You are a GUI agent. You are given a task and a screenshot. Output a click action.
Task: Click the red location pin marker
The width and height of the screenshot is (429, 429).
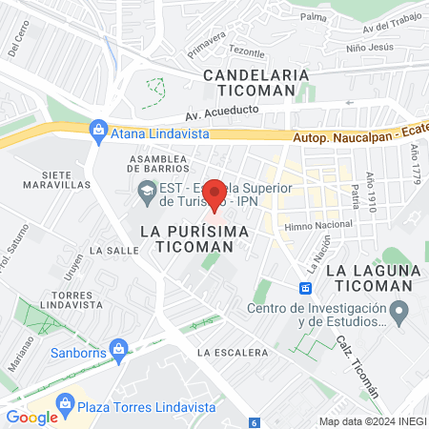coord(214,194)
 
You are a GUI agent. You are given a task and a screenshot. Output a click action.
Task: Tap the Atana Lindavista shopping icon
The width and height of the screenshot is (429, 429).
coord(97,130)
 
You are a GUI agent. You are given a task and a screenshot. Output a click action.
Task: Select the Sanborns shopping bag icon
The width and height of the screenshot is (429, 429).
coord(118,349)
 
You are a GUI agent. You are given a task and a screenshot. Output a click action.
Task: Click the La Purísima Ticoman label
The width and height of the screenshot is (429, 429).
coord(187,238)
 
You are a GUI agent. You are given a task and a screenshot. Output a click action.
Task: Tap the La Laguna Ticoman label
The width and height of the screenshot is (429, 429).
coord(372,279)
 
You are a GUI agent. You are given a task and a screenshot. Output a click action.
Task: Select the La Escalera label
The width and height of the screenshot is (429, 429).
coord(233,353)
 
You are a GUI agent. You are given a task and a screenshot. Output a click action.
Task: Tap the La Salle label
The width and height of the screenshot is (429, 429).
coord(109,249)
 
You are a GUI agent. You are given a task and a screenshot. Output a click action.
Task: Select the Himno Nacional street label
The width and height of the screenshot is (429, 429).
coord(313,225)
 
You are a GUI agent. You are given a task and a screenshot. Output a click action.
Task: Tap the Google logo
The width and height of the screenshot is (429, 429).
coord(31,417)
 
